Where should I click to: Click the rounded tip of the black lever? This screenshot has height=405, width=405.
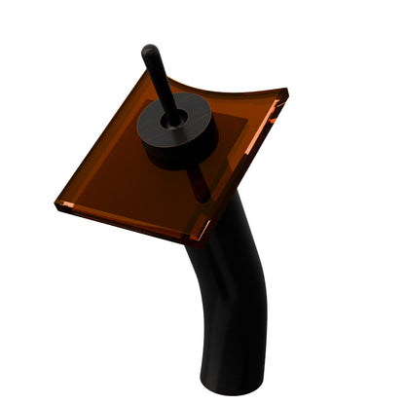[x=148, y=51]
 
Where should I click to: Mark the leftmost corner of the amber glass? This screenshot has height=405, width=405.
[x=58, y=203]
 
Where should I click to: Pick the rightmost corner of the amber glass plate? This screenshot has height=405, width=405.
[x=285, y=94]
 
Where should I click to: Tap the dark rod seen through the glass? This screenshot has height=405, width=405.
[x=201, y=181]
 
